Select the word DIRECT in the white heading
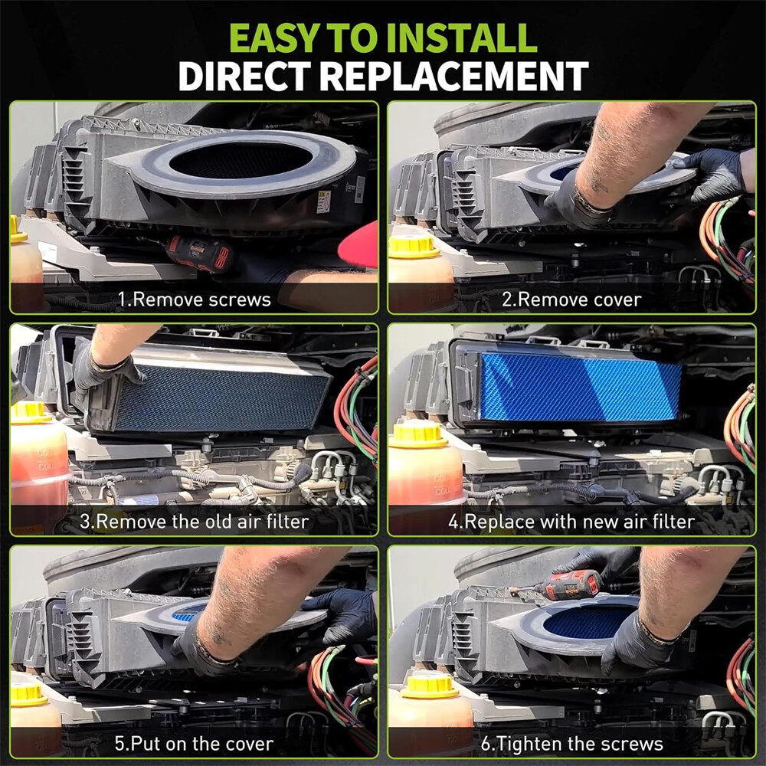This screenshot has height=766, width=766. tap(244, 76)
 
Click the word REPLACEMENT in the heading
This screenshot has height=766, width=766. tap(454, 76)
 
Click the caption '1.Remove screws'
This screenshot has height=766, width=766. tap(195, 300)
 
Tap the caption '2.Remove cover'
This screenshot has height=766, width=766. tap(571, 300)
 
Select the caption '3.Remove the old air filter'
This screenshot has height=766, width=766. tap(195, 521)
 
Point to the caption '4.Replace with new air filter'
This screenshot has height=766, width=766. tap(571, 521)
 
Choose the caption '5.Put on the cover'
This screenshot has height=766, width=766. tap(194, 744)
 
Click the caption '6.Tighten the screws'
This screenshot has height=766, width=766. tap(572, 744)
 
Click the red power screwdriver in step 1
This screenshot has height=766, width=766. tap(199, 254)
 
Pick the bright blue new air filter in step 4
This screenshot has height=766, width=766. tap(581, 387)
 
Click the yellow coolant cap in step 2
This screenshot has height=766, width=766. tap(414, 246)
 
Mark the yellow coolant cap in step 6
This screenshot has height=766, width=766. tap(430, 687)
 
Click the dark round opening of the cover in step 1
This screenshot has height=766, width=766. tap(241, 160)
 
